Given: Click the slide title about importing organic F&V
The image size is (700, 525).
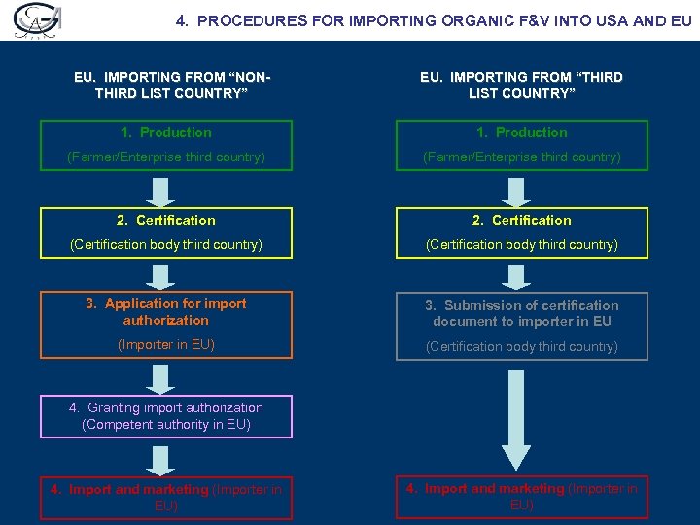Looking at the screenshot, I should (435, 19).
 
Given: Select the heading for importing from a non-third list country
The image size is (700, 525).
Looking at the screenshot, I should (165, 86).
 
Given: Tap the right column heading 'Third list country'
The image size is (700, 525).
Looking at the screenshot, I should (521, 86).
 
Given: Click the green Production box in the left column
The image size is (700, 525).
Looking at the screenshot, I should (165, 145).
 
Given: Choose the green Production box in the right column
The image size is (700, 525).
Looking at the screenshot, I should (521, 145).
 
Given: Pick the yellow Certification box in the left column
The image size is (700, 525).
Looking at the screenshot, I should (165, 232).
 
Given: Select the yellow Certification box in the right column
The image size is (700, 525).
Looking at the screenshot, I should (521, 232).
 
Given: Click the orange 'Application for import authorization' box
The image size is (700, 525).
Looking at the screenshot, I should (165, 325).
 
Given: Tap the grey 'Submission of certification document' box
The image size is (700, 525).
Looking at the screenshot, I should (521, 326).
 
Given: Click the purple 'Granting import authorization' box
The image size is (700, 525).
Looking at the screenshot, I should (165, 416).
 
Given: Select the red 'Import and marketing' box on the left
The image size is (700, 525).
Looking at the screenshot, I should (165, 498).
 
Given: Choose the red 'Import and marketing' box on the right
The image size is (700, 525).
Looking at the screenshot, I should (521, 497).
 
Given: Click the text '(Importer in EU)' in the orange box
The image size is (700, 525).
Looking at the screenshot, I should (165, 345).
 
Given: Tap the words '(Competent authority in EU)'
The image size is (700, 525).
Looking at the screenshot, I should (166, 425).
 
